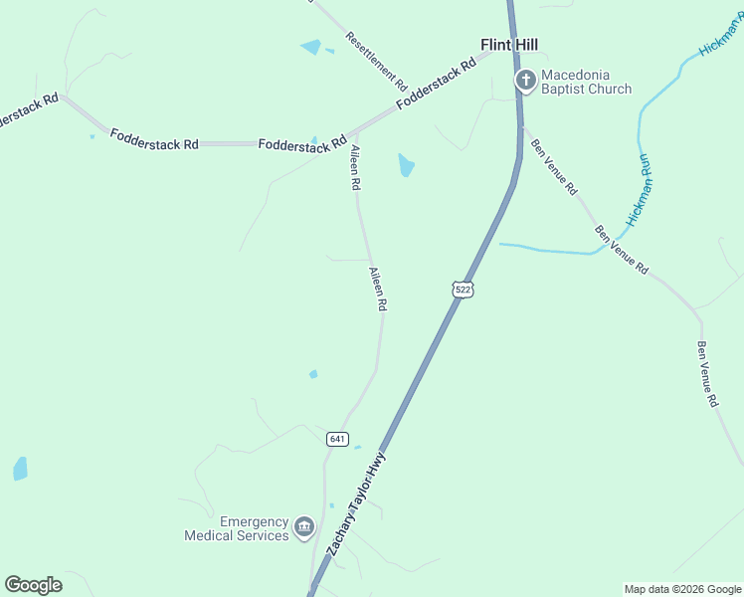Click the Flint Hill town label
pyautogui.click(x=508, y=45)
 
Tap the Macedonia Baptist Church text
pyautogui.click(x=586, y=82)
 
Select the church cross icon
pyautogui.click(x=524, y=80)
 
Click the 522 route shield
pyautogui.click(x=462, y=289)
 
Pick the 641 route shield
pyautogui.click(x=337, y=439)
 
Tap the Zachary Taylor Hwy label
pyautogui.click(x=356, y=505)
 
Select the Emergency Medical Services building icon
pyautogui.click(x=304, y=526)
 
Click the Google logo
pyautogui.click(x=33, y=585)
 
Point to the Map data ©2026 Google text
pyautogui.click(x=682, y=589)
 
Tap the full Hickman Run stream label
pyautogui.click(x=639, y=188)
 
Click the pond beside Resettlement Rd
pyautogui.click(x=311, y=47)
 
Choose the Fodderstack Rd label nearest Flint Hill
pyautogui.click(x=436, y=88)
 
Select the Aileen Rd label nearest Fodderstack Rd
pyautogui.click(x=354, y=167)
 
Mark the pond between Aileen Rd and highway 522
pyautogui.click(x=406, y=164)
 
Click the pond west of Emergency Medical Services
pyautogui.click(x=20, y=469)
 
